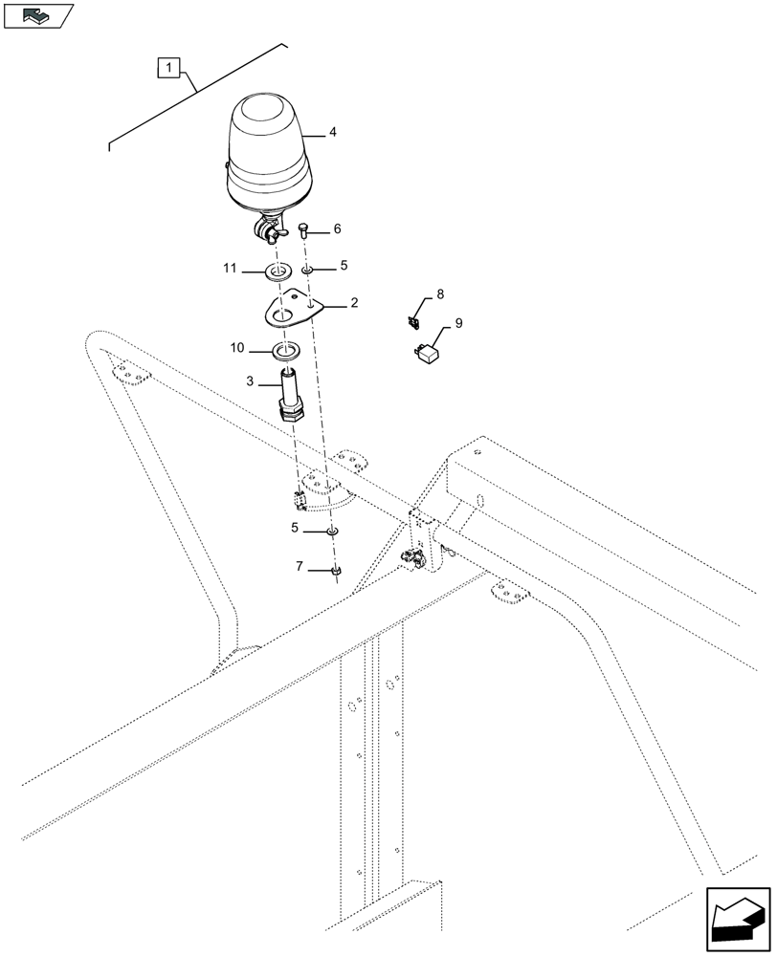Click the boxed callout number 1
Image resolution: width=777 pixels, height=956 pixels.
pyautogui.click(x=169, y=68)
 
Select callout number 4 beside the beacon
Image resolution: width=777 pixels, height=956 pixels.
pyautogui.click(x=332, y=134)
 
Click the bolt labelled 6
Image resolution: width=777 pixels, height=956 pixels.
pyautogui.click(x=303, y=229)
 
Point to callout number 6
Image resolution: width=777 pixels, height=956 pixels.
pyautogui.click(x=337, y=230)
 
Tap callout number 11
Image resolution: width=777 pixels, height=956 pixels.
pyautogui.click(x=230, y=271)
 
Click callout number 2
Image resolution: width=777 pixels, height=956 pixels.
pyautogui.click(x=354, y=303)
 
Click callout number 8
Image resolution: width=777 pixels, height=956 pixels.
pyautogui.click(x=440, y=294)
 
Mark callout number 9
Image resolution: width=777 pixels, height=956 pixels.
pyautogui.click(x=458, y=324)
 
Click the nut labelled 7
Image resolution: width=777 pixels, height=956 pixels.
pyautogui.click(x=336, y=571)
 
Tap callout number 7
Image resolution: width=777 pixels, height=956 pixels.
pyautogui.click(x=300, y=568)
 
